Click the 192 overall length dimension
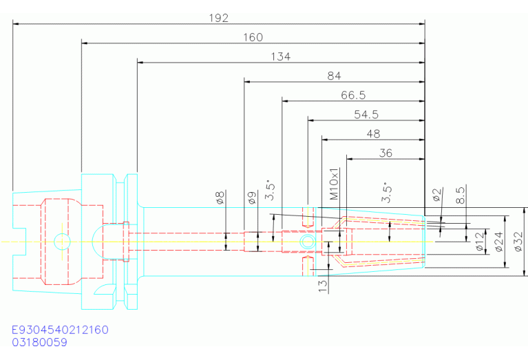point(218,18)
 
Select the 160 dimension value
point(253,37)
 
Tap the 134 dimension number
point(280,56)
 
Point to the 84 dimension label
point(334,76)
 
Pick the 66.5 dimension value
point(353,95)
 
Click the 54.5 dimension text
point(366,114)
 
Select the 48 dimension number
point(373,134)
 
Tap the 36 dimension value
point(386,153)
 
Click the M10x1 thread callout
point(334,184)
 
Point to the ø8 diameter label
point(220,198)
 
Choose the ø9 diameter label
point(252,198)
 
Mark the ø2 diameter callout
point(436,195)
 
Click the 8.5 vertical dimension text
point(461,195)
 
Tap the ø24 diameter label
point(499,242)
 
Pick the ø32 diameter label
point(518,242)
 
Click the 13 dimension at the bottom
point(323,286)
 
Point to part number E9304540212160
point(61,330)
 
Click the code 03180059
point(40,343)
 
